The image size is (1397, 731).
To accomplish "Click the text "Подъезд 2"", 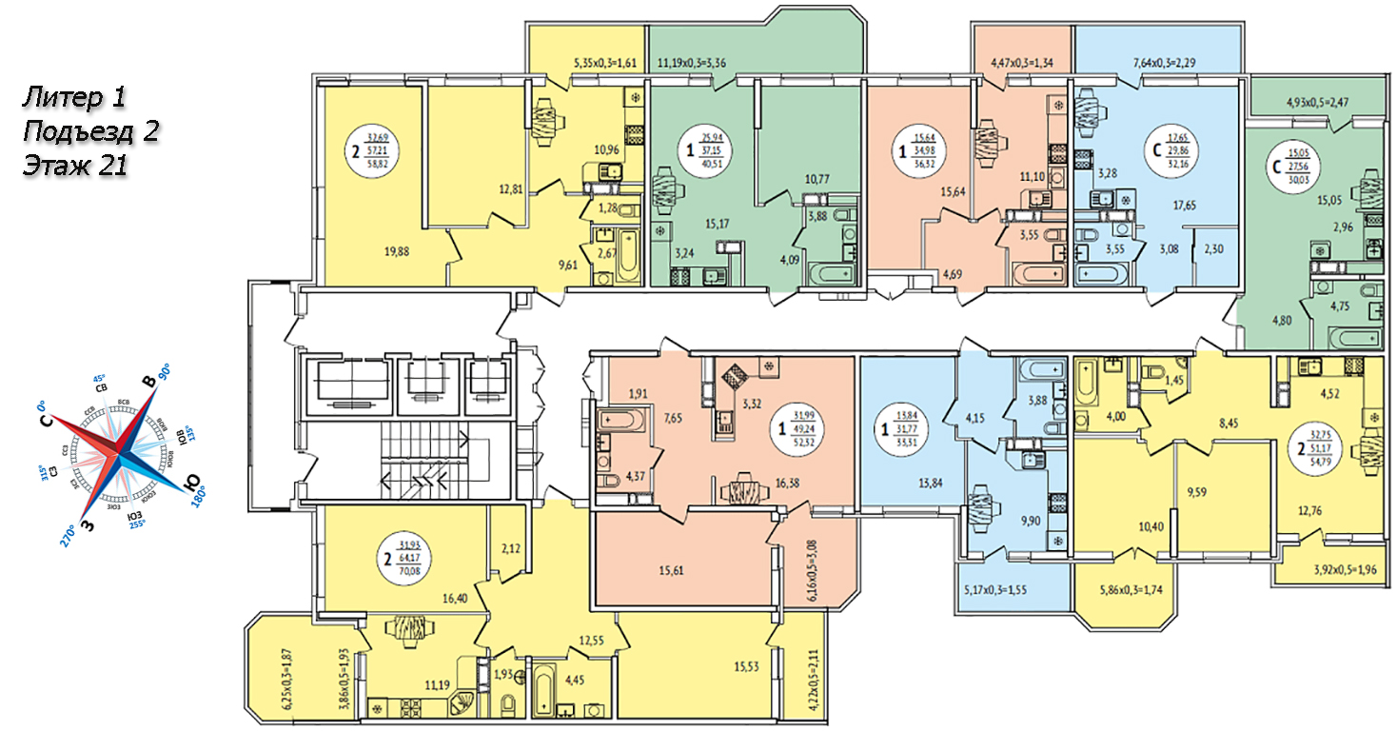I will [89, 130].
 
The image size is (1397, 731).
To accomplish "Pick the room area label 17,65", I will [1185, 204].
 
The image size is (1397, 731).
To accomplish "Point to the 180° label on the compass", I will [198, 500].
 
